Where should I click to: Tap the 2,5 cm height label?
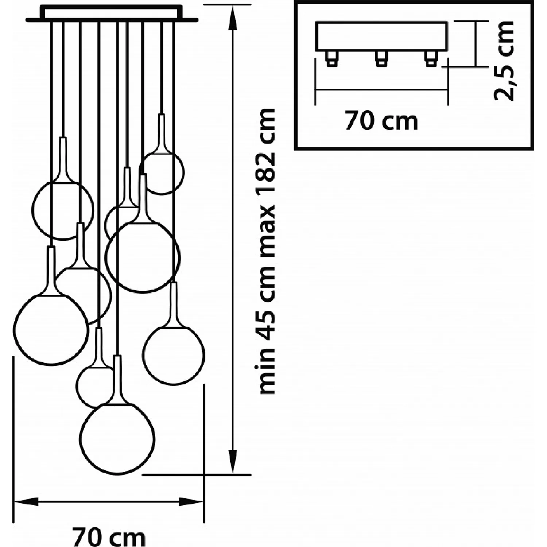click(x=504, y=61)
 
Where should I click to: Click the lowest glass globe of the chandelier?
click(x=117, y=438)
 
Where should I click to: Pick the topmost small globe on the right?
click(x=162, y=173)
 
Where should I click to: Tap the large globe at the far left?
click(x=51, y=330)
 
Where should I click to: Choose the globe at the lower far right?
click(x=174, y=355)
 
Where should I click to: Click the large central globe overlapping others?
click(x=143, y=257)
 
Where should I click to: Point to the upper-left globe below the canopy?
click(x=63, y=210)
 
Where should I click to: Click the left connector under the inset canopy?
click(x=331, y=58)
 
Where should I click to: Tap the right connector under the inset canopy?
click(x=431, y=58)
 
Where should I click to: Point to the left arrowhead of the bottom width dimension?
click(x=26, y=501)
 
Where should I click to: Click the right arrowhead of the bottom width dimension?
click(x=191, y=501)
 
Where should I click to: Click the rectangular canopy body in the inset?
click(x=382, y=36)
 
